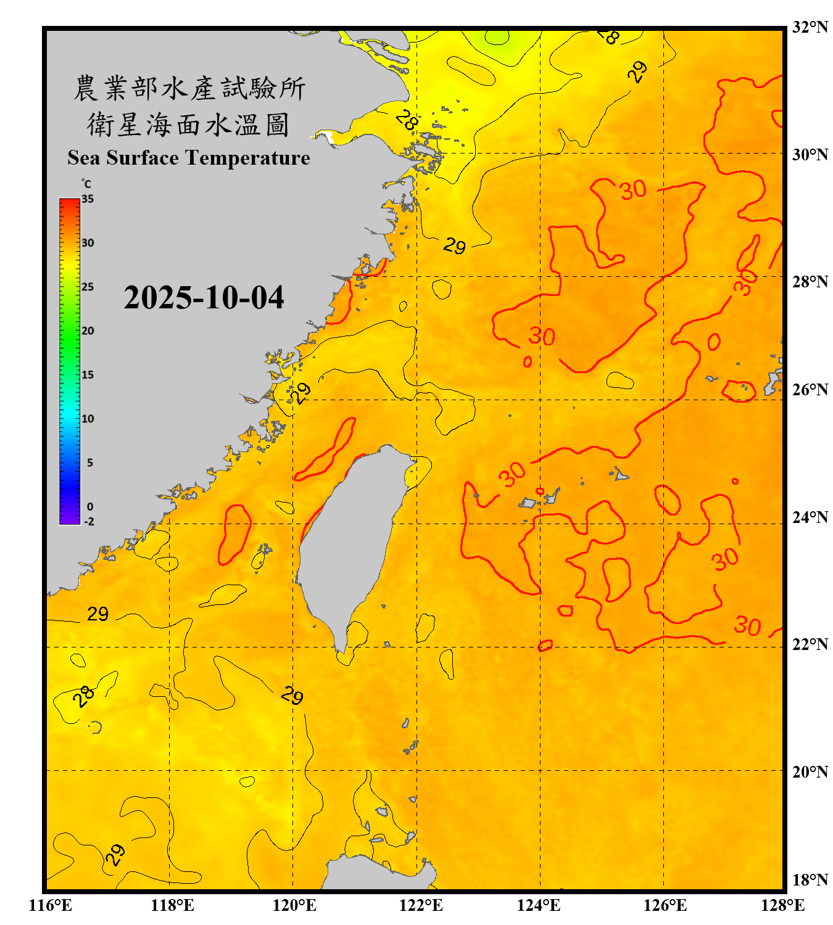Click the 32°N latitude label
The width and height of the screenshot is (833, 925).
(x=810, y=27)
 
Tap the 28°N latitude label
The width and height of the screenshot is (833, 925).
(x=810, y=282)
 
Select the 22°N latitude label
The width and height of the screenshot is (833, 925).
(x=810, y=644)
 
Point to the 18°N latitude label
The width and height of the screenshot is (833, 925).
(x=810, y=880)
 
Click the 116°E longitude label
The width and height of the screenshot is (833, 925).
(x=51, y=905)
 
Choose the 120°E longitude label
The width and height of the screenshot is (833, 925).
(x=294, y=905)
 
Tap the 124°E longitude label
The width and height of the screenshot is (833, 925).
(x=539, y=905)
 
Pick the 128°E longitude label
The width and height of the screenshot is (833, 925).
(x=782, y=905)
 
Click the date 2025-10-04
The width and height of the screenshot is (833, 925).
(x=204, y=298)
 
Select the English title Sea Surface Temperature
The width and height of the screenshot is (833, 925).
(x=189, y=158)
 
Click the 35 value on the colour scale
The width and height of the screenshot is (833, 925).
(x=88, y=199)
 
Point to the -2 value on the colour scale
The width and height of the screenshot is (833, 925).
(x=89, y=522)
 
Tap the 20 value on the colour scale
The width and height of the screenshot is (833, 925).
(x=88, y=331)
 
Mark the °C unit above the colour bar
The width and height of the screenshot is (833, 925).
(x=86, y=184)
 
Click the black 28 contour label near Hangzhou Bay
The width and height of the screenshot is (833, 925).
(x=407, y=119)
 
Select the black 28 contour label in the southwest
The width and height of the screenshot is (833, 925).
(x=83, y=696)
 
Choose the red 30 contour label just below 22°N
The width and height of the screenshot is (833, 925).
(x=747, y=626)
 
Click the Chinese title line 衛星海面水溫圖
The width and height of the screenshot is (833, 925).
(x=188, y=125)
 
